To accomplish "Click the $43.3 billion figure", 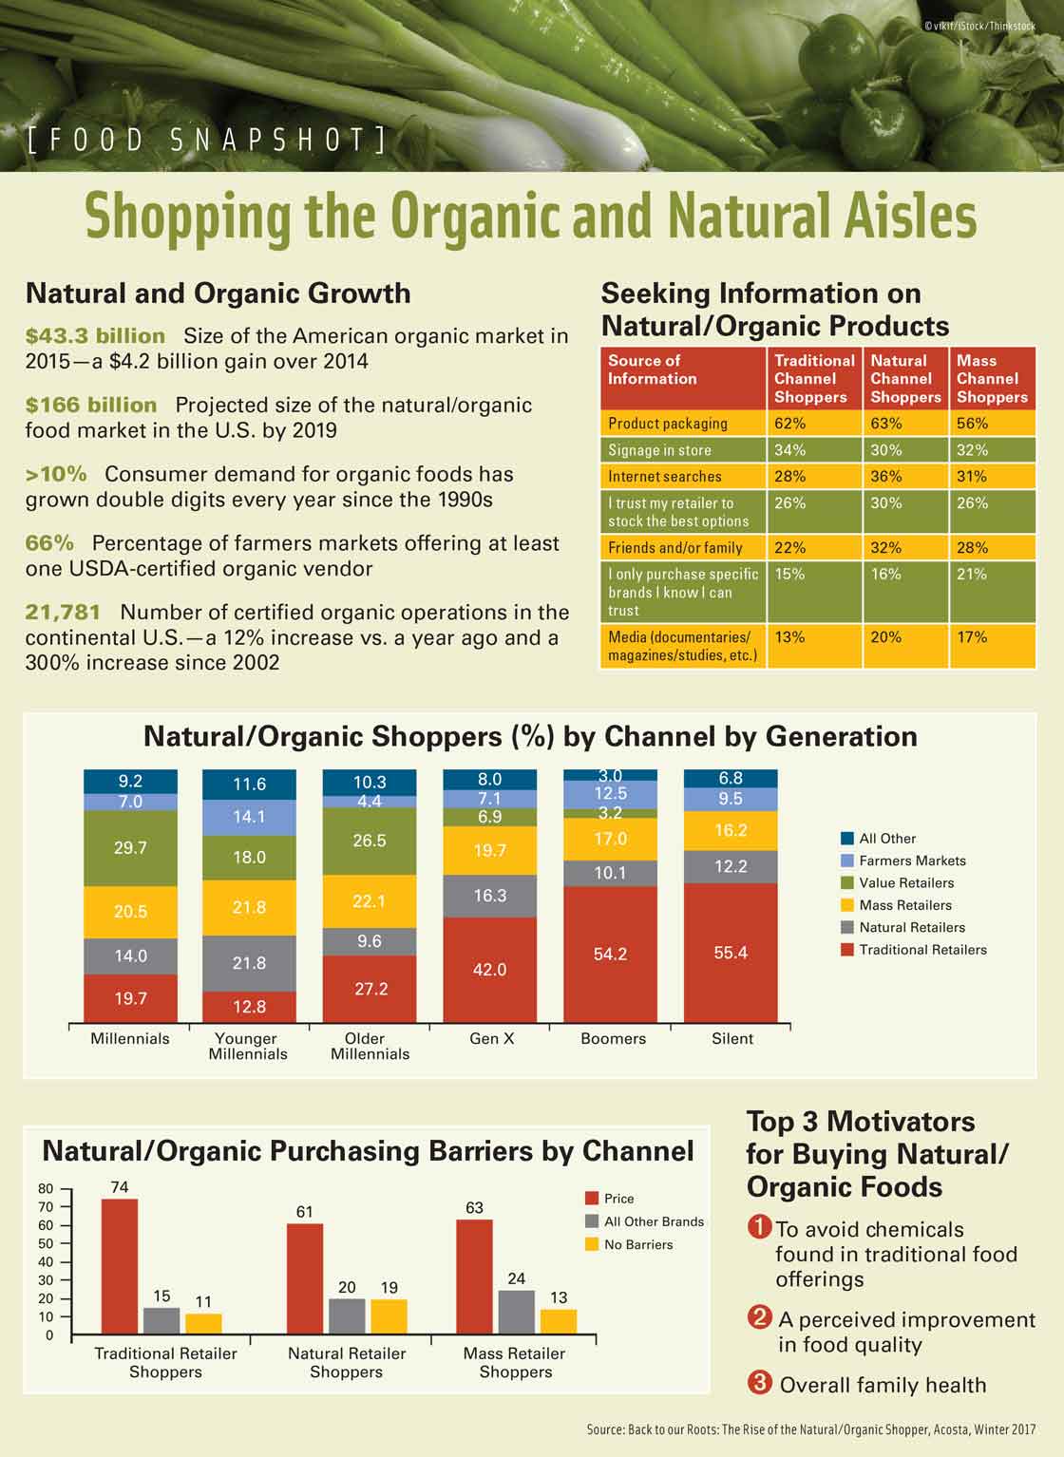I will pyautogui.click(x=95, y=336).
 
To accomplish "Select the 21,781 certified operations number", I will pyautogui.click(x=63, y=613).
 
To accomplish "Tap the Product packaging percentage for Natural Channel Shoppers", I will pyautogui.click(x=885, y=424).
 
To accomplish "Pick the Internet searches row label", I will pyautogui.click(x=665, y=477).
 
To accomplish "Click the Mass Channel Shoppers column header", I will pyautogui.click(x=992, y=379).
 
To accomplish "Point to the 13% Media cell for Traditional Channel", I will pyautogui.click(x=789, y=637).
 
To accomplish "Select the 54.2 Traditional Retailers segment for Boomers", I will pyautogui.click(x=610, y=954).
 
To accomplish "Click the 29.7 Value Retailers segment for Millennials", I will pyautogui.click(x=130, y=847).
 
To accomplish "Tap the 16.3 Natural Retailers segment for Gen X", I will pyautogui.click(x=489, y=896).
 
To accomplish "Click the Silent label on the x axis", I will pyautogui.click(x=731, y=1039).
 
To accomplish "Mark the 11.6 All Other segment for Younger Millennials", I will pyautogui.click(x=249, y=785).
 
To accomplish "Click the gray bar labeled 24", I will pyautogui.click(x=516, y=1312).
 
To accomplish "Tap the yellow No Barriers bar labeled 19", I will pyautogui.click(x=389, y=1316).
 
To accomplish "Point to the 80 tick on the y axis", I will pyautogui.click(x=46, y=1189).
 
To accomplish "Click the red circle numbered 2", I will pyautogui.click(x=759, y=1317).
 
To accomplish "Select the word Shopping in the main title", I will pyautogui.click(x=188, y=217).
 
